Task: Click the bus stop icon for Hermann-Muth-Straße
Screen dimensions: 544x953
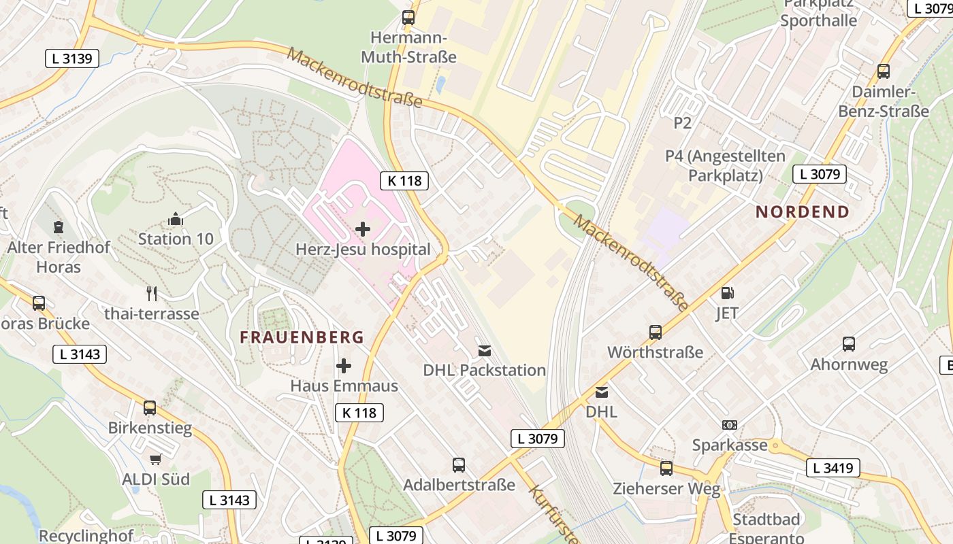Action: click(x=408, y=18)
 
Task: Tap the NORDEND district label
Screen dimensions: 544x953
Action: click(x=803, y=211)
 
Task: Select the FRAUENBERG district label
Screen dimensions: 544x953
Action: click(x=302, y=337)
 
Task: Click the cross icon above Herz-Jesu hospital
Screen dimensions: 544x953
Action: click(x=363, y=229)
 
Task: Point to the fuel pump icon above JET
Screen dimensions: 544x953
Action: click(x=727, y=293)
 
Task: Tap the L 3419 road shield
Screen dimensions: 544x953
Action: click(x=833, y=468)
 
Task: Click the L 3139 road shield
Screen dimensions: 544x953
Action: click(x=71, y=58)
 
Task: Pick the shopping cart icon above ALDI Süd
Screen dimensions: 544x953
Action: click(x=156, y=460)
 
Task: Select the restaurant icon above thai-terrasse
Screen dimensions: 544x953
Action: click(x=152, y=294)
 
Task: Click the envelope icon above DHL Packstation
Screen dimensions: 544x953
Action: click(x=484, y=351)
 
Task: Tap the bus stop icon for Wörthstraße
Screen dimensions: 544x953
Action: click(x=655, y=333)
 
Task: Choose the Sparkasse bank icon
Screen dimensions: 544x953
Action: click(x=729, y=425)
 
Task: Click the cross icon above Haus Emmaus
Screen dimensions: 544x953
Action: click(x=344, y=367)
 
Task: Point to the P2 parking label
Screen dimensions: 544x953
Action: click(x=682, y=123)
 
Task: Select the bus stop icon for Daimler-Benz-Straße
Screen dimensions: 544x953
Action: click(x=883, y=71)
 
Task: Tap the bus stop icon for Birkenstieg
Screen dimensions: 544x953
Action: click(x=150, y=408)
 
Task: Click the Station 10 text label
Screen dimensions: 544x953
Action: click(x=176, y=239)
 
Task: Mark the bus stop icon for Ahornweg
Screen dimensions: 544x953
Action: click(x=848, y=344)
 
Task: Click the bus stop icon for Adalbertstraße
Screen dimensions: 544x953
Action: click(x=459, y=465)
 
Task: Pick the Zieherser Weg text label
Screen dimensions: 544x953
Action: click(x=666, y=488)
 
